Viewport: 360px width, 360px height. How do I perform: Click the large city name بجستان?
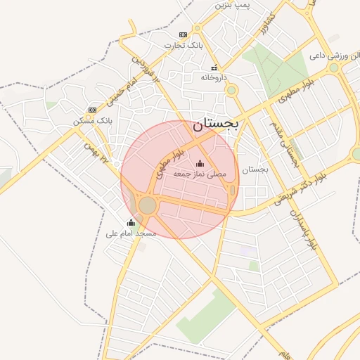point(214,124)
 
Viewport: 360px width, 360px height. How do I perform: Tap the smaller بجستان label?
point(255,169)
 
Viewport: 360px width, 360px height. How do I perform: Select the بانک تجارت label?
point(183,46)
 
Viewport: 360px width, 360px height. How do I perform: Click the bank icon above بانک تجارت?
point(183,34)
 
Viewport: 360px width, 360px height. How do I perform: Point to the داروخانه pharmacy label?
point(214,79)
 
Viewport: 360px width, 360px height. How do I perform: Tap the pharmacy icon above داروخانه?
point(214,68)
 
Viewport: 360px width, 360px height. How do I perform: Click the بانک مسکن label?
point(92,121)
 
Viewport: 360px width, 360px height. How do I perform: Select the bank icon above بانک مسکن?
point(92,110)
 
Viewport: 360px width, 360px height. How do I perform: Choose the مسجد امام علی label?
point(131,233)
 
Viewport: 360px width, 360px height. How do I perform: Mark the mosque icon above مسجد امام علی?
point(131,222)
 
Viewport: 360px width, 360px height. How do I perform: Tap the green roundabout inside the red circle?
point(147,206)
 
